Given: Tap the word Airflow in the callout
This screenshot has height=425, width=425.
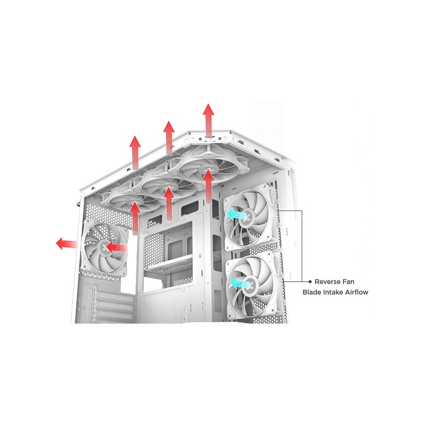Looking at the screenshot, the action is pyautogui.click(x=356, y=292).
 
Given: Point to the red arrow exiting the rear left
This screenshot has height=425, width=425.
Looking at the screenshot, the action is pyautogui.click(x=66, y=244).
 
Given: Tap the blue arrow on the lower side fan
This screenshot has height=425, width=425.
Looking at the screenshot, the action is pyautogui.click(x=240, y=284).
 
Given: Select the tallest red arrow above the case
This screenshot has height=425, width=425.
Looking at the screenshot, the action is pyautogui.click(x=208, y=121).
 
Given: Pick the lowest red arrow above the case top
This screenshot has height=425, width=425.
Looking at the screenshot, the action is pyautogui.click(x=135, y=153).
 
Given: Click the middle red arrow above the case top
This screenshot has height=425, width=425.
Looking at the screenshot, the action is pyautogui.click(x=169, y=138).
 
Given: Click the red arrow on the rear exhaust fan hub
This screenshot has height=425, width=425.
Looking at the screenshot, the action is pyautogui.click(x=116, y=248).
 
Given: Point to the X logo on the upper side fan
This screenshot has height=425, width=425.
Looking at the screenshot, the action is pyautogui.click(x=247, y=217).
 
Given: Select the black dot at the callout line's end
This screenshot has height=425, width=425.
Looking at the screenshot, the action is pyautogui.click(x=310, y=282).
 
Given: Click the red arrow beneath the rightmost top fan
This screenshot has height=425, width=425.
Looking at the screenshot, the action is pyautogui.click(x=208, y=186).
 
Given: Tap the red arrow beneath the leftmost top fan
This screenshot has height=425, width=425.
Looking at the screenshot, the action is pyautogui.click(x=135, y=218).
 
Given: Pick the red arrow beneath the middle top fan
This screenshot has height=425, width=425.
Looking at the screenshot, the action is pyautogui.click(x=169, y=203).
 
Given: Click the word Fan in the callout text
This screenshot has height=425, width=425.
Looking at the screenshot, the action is pyautogui.click(x=348, y=282).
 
